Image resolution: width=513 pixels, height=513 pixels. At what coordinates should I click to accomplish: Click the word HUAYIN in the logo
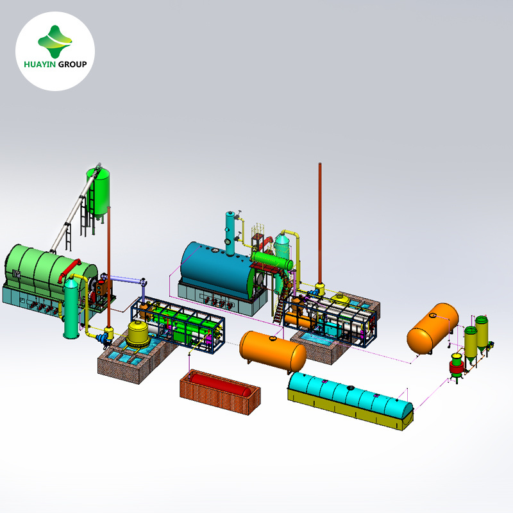pos(40,64)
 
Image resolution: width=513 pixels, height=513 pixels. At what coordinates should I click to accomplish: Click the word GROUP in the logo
pos(72,64)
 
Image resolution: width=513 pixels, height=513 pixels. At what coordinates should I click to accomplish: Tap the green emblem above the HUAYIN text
pos(55,42)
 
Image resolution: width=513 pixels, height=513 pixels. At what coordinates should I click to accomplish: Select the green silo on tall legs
pos(98,193)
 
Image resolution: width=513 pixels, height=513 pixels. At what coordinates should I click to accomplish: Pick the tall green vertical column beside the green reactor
pos(71,308)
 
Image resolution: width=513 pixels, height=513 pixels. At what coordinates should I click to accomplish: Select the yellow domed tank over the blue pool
pos(138,333)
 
